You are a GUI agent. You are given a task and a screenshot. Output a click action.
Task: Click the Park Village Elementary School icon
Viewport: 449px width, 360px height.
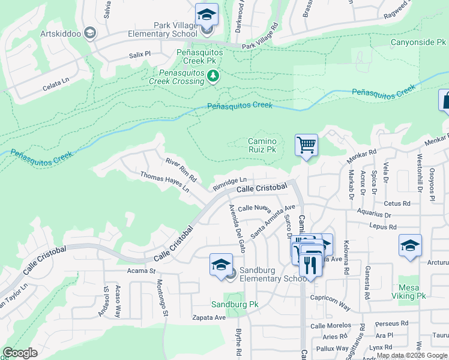[x=206, y=14]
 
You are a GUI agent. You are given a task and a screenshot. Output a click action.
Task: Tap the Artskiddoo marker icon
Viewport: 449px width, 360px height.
[x=90, y=32]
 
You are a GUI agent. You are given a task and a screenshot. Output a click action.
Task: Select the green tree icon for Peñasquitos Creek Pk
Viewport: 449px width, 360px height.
[x=212, y=76]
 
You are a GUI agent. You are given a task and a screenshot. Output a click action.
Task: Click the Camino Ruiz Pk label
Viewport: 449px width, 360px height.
[x=262, y=145]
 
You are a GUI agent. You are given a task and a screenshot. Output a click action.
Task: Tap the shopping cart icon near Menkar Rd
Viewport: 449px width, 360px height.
[x=306, y=145]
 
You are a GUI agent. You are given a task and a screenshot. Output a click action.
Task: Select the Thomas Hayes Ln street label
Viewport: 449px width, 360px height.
[x=164, y=181]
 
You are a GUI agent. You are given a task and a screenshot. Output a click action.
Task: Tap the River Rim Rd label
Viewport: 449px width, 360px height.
[x=181, y=170]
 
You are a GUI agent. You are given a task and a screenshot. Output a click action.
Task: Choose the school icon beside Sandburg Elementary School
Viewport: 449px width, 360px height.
[x=221, y=265]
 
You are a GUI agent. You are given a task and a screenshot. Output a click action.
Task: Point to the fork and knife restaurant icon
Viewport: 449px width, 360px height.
[x=310, y=265]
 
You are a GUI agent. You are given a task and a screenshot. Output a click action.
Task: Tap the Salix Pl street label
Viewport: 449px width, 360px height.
[x=139, y=54]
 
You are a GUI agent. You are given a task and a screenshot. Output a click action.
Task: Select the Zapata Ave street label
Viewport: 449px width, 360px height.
[x=208, y=317]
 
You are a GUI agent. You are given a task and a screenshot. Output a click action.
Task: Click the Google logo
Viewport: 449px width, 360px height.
[x=20, y=353]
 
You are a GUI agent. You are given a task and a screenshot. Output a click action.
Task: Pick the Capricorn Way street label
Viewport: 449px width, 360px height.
[x=330, y=301]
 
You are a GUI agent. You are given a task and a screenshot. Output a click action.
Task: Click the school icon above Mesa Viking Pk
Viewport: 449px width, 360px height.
[x=410, y=245]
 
